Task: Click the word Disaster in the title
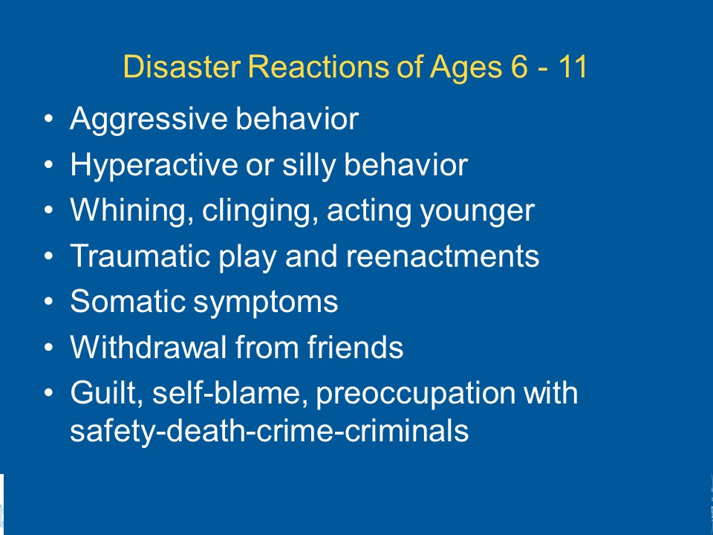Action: tap(181, 66)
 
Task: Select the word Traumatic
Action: tap(139, 256)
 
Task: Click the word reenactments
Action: tap(443, 257)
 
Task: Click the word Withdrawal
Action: tap(148, 347)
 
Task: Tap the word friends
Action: tap(355, 347)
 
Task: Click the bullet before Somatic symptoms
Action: tap(49, 301)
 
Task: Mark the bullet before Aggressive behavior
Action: tap(49, 119)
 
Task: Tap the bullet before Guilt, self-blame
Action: tap(49, 392)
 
